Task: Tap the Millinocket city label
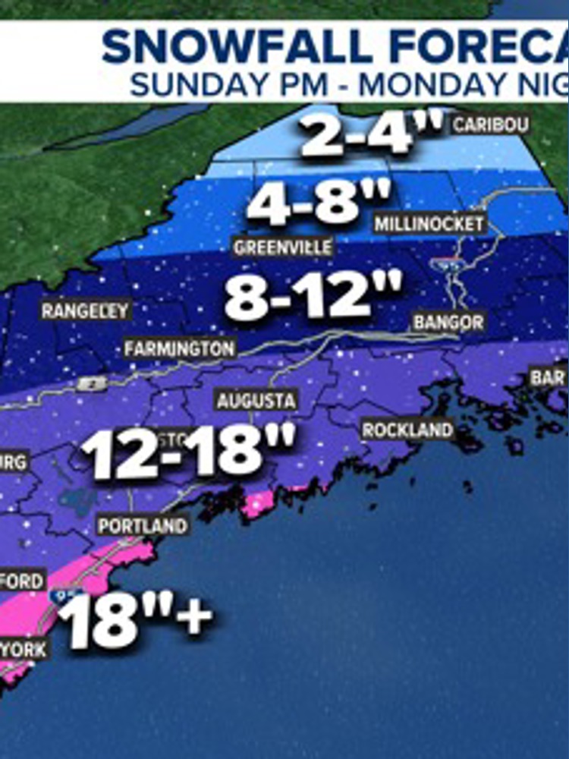pyautogui.click(x=429, y=224)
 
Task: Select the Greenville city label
pyautogui.click(x=283, y=247)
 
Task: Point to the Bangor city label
pyautogui.click(x=448, y=323)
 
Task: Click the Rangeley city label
pyautogui.click(x=85, y=310)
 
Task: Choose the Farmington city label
pyautogui.click(x=180, y=349)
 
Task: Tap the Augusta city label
pyautogui.click(x=256, y=400)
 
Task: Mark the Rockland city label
pyautogui.click(x=407, y=430)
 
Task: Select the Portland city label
pyautogui.click(x=142, y=525)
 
